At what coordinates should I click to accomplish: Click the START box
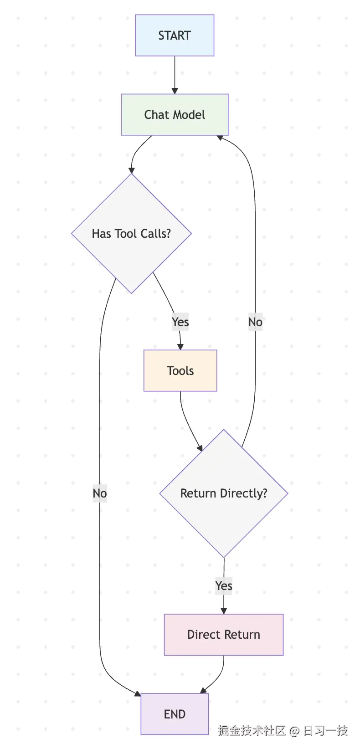(175, 36)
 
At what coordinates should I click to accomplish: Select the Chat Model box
(175, 115)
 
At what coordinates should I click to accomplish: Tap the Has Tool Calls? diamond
(131, 234)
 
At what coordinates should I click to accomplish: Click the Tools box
(180, 371)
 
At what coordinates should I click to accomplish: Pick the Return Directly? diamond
(224, 493)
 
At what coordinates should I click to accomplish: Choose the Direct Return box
(224, 635)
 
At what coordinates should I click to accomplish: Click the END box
(175, 714)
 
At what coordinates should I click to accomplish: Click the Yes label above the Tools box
(180, 322)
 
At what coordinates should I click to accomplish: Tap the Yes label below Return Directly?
(224, 586)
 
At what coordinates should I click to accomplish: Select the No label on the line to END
(100, 493)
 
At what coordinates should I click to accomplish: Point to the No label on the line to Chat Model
(255, 322)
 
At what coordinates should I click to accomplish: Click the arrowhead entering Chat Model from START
(175, 91)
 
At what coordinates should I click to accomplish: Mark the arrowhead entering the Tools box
(180, 347)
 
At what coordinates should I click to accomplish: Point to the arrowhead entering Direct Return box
(224, 611)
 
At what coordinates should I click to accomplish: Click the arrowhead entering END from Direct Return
(204, 690)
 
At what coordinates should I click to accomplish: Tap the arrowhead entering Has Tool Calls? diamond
(131, 170)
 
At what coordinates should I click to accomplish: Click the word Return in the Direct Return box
(240, 635)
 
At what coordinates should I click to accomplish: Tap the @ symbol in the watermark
(294, 731)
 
